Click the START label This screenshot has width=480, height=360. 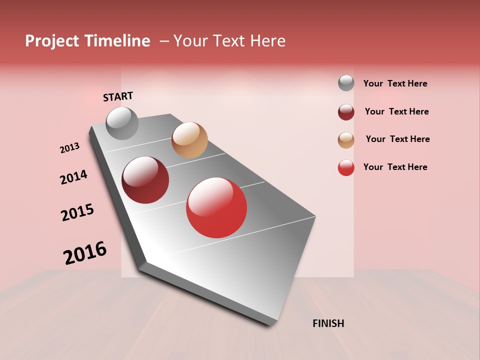click(x=118, y=96)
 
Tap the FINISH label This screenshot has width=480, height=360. click(x=328, y=323)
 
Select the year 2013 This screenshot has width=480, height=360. click(x=70, y=147)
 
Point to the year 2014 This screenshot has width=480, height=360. click(x=73, y=177)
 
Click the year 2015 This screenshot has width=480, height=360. click(x=77, y=212)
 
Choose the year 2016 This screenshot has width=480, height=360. click(x=85, y=252)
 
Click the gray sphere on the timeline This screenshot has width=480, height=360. click(x=122, y=123)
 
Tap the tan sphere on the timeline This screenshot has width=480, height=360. click(x=189, y=140)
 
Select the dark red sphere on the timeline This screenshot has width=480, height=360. click(x=145, y=180)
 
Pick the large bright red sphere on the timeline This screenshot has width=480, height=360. click(x=216, y=207)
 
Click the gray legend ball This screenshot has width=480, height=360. click(x=346, y=83)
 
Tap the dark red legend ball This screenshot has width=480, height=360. click(x=346, y=112)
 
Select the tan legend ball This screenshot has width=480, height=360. click(x=346, y=140)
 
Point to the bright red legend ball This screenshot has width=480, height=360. click(x=346, y=167)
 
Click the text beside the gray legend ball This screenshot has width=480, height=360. click(x=395, y=83)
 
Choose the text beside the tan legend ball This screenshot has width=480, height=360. click(x=397, y=139)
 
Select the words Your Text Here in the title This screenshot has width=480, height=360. click(x=229, y=41)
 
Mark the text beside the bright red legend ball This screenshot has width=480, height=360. click(x=395, y=167)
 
